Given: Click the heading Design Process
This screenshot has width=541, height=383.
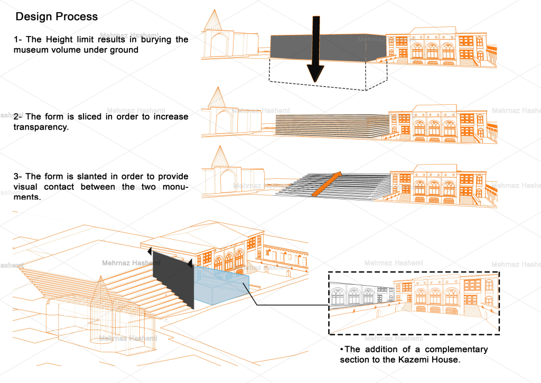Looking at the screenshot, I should click(x=57, y=16).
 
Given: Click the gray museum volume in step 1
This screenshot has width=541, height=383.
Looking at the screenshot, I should click(x=291, y=47).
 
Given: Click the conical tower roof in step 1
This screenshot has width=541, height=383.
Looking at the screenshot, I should click(x=214, y=21).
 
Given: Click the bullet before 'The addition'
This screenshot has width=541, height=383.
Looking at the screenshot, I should click(x=342, y=350).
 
